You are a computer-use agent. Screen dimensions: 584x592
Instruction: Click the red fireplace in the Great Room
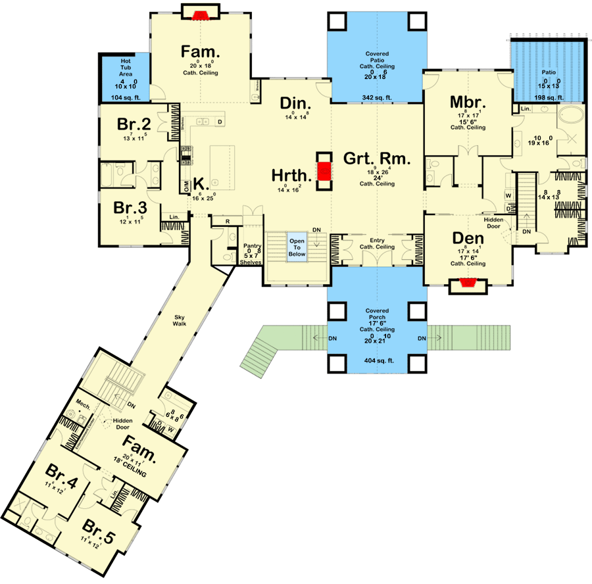click(323, 172)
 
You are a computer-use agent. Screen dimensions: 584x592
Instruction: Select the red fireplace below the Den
click(468, 283)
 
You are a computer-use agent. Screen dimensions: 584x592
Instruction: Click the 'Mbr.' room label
click(467, 103)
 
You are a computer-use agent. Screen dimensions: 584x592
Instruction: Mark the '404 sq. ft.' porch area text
click(377, 361)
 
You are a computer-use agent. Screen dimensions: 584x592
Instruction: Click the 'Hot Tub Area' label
click(125, 65)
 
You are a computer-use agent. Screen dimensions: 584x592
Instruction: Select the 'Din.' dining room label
click(295, 103)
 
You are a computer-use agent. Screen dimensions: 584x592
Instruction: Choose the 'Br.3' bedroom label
click(130, 208)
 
